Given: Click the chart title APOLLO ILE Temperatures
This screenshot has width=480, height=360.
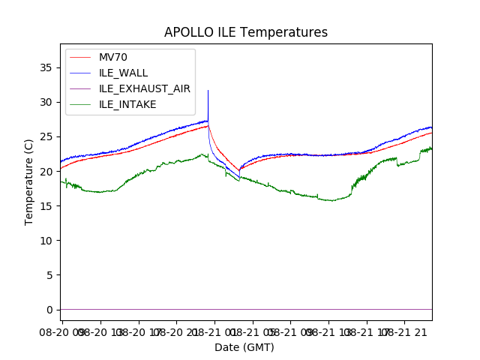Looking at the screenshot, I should (x=246, y=32).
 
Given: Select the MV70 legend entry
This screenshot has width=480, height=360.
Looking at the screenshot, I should (x=113, y=58).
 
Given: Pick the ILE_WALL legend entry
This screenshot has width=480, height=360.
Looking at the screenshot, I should (x=124, y=73).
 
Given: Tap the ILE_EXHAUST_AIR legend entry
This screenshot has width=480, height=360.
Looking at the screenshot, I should (x=145, y=88).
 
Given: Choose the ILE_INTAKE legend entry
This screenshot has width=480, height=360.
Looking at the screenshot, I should (x=127, y=104).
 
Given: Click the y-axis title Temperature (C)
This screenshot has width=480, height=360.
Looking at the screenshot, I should (x=28, y=182).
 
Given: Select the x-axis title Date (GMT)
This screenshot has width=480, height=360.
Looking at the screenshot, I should (x=244, y=347).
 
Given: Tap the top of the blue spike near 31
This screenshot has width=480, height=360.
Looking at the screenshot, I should (x=208, y=91).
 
